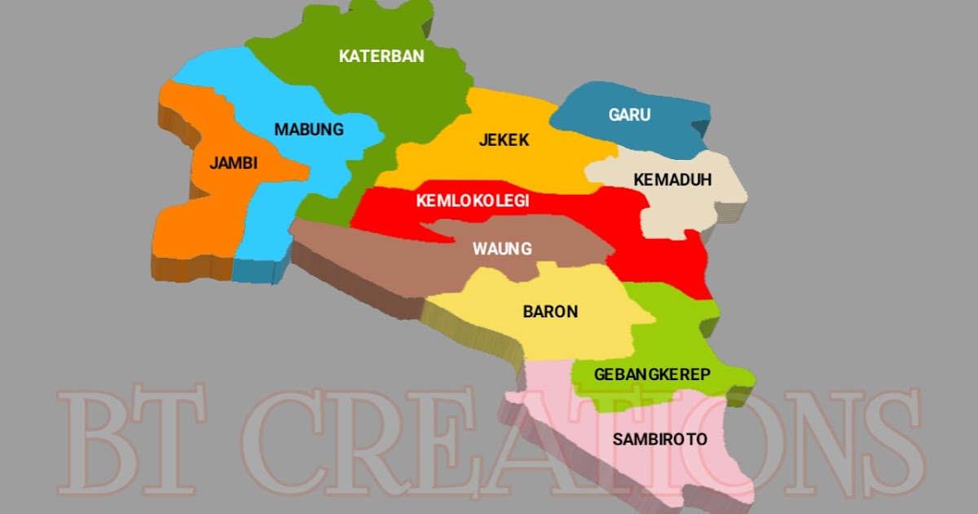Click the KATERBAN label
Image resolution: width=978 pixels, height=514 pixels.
coord(381,56)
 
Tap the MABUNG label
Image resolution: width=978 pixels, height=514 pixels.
coord(309,130)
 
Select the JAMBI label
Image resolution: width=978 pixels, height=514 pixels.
coord(233,163)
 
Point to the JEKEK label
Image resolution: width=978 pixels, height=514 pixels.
coord(504,140)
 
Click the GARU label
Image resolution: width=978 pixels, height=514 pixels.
coord(629,115)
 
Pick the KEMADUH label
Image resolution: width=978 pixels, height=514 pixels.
coord(673,179)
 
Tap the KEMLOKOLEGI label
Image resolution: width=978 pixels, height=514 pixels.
coord(473,201)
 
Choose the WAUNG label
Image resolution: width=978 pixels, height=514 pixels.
coord(502,249)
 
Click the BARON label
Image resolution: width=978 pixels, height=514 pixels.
coord(550,312)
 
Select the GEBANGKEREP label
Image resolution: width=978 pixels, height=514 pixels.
coord(652,374)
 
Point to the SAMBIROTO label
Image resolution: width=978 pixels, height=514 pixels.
coord(659,440)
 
